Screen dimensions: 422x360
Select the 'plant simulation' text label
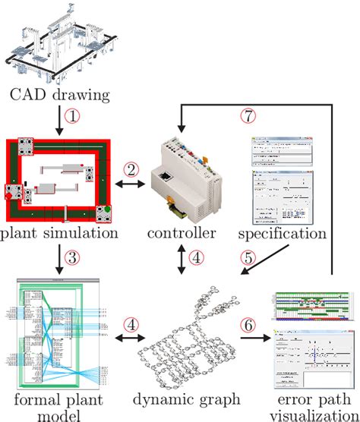pos(59,233)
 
